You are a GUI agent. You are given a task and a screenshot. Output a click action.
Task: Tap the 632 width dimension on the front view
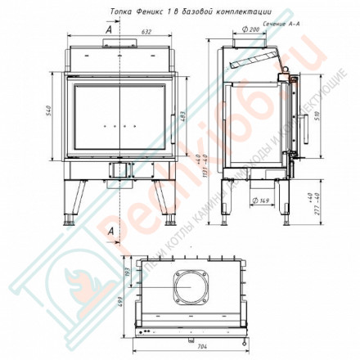(124, 32)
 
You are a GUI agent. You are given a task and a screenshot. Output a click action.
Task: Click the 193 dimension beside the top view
(128, 272)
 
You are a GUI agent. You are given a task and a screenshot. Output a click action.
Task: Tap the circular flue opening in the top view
(190, 286)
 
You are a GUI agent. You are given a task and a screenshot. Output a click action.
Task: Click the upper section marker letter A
(110, 29)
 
